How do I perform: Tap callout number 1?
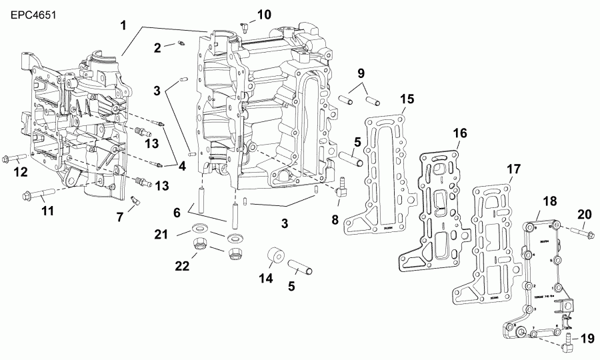click(x=123, y=25)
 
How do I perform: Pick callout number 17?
click(x=513, y=169)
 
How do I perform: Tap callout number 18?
click(x=549, y=201)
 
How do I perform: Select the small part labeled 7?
click(x=136, y=199)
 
